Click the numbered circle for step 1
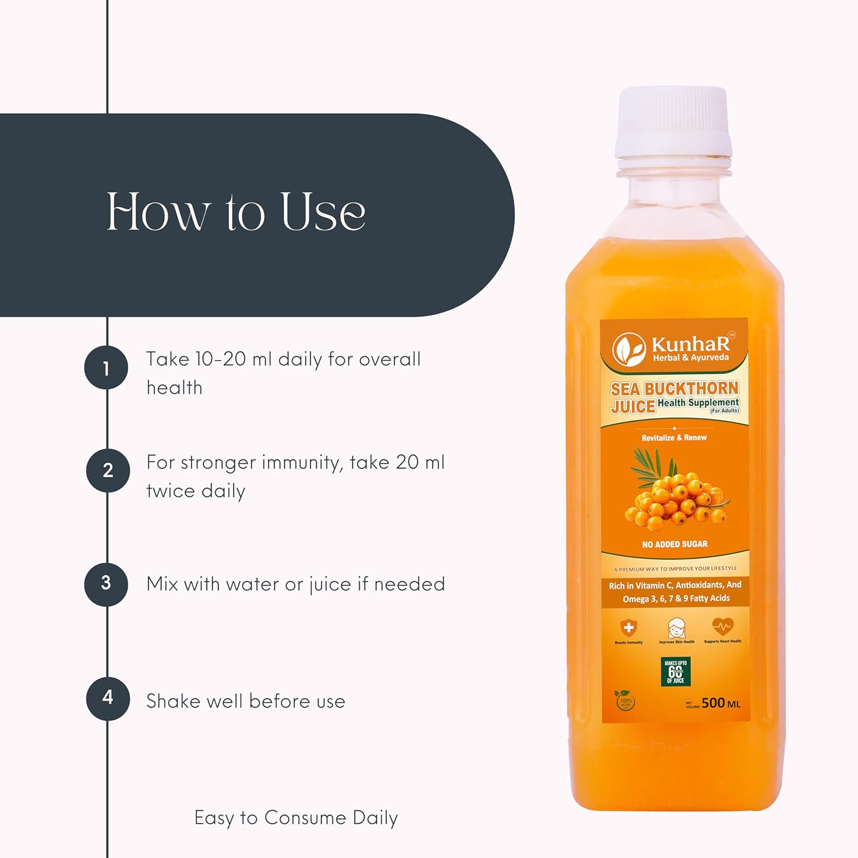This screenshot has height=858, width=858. click(x=106, y=368)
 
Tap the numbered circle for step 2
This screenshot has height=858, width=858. click(x=108, y=470)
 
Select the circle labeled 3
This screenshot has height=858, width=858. click(x=106, y=583)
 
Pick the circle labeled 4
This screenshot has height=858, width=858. click(x=108, y=698)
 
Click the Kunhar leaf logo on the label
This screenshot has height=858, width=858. click(x=629, y=349)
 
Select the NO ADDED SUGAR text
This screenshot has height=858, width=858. click(x=675, y=544)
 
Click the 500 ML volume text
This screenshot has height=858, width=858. click(x=720, y=703)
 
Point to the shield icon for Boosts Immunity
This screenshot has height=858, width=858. click(x=629, y=628)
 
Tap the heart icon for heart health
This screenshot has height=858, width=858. click(x=722, y=627)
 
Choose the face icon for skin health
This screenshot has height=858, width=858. click(x=676, y=627)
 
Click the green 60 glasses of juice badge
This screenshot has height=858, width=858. click(x=676, y=672)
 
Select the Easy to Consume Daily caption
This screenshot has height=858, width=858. click(x=296, y=818)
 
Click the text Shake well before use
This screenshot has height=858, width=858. click(x=245, y=701)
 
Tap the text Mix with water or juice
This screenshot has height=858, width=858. click(x=295, y=584)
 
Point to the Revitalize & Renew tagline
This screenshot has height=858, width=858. click(x=674, y=438)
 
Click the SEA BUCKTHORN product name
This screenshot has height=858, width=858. click(x=674, y=389)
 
